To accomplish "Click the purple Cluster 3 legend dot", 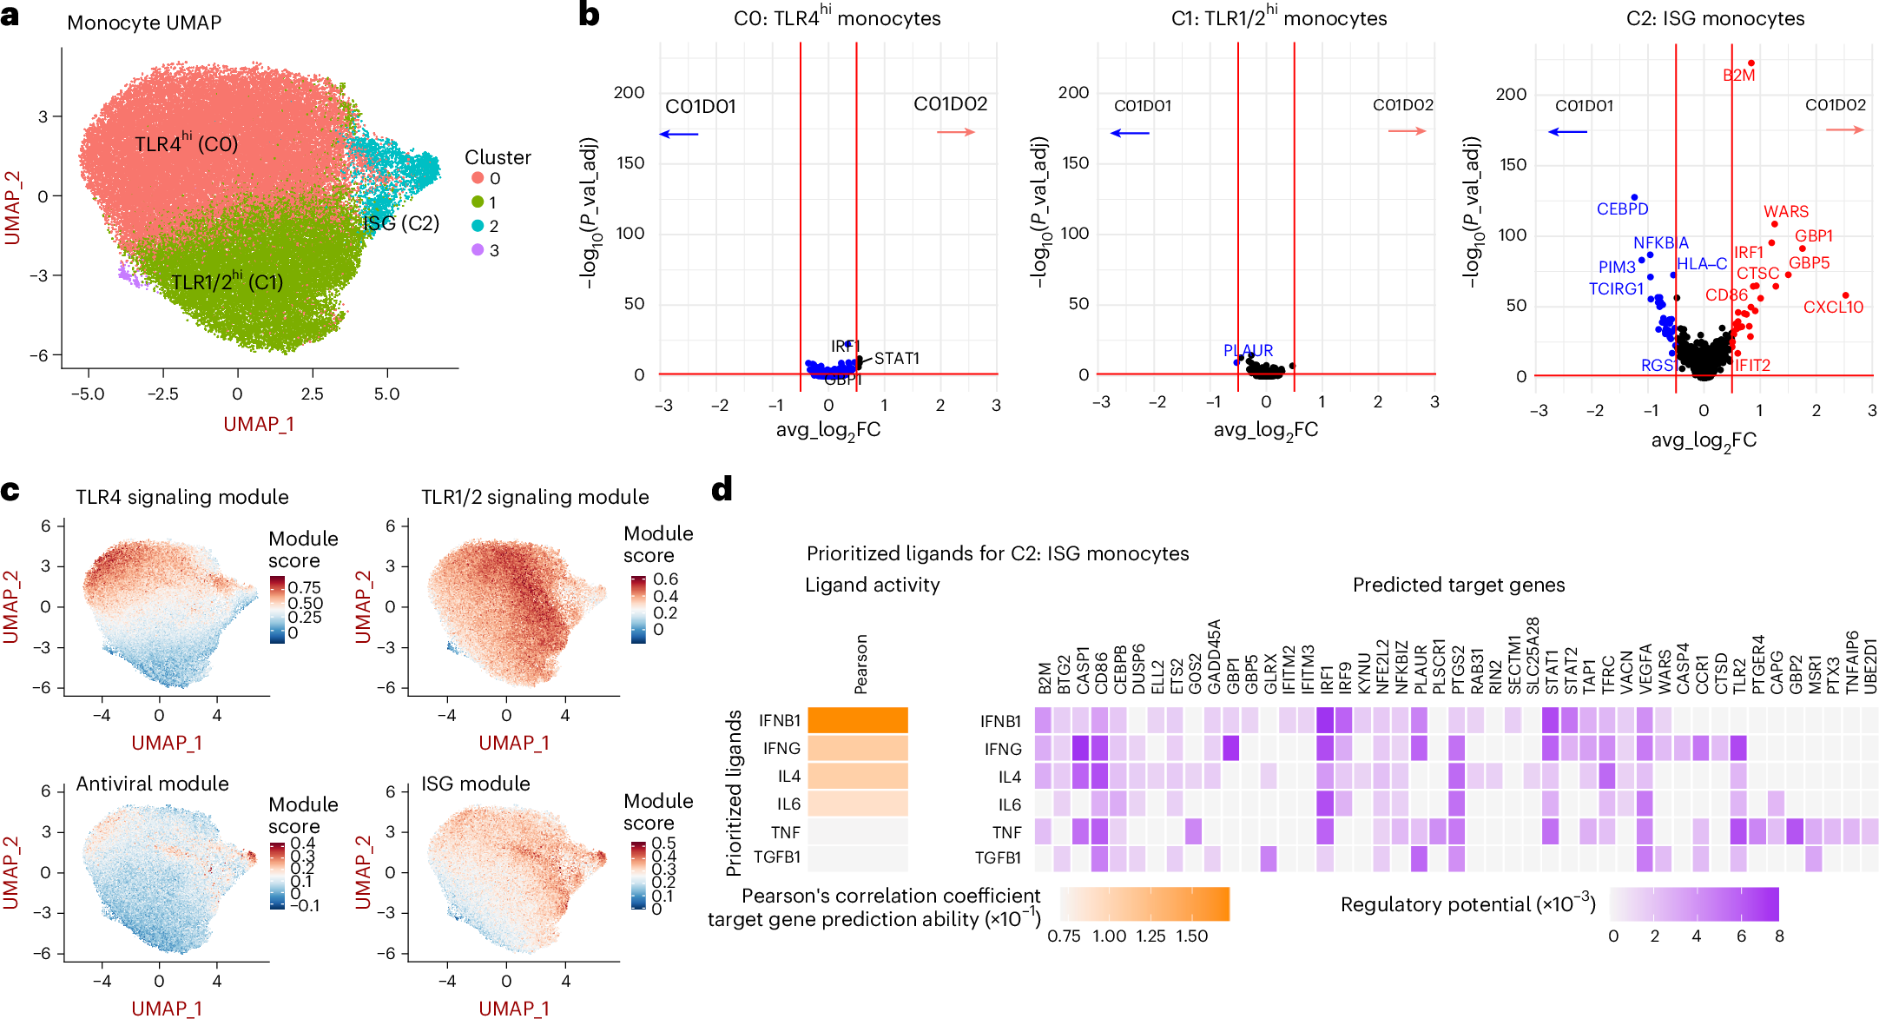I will point(478,250).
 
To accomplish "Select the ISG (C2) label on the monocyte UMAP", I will point(401,223).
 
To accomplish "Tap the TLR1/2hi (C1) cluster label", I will point(227,282).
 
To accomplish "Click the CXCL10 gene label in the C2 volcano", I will point(1833,308).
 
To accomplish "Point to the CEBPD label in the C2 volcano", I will point(1622,209).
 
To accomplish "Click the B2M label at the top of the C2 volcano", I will point(1738,76).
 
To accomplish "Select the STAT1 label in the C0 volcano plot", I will point(896,358).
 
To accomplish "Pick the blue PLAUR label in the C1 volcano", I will point(1248,350).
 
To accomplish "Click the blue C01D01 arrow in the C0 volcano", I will point(679,134).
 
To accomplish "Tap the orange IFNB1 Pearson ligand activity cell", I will point(857,720).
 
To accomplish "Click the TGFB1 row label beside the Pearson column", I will point(776,857).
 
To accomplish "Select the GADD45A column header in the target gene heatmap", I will point(1214,657).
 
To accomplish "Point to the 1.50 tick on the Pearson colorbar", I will point(1191,936).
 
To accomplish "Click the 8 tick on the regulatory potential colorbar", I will point(1779,936).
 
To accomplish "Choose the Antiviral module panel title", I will point(152,784).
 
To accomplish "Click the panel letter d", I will point(722,490).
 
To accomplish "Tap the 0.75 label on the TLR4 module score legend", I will point(304,587).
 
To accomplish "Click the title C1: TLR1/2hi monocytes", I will point(1278,18).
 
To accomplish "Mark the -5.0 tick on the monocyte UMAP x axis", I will point(87,394).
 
